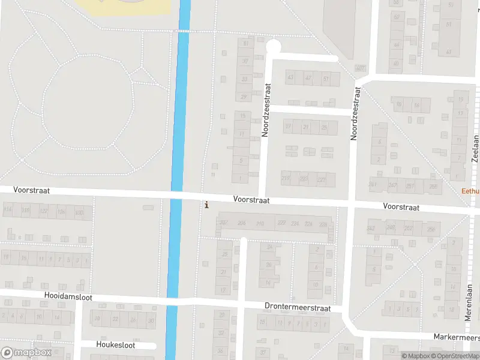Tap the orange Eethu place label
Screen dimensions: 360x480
[470, 191]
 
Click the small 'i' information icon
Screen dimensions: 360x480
[207, 205]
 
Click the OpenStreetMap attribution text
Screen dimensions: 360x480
[457, 356]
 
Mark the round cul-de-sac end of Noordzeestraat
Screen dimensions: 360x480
[273, 46]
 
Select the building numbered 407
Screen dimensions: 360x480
[361, 68]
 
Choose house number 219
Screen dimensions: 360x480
[286, 178]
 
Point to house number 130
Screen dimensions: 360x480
[79, 212]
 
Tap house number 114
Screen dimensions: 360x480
[8, 209]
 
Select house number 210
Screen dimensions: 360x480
[260, 224]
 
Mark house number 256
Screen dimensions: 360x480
[430, 229]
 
